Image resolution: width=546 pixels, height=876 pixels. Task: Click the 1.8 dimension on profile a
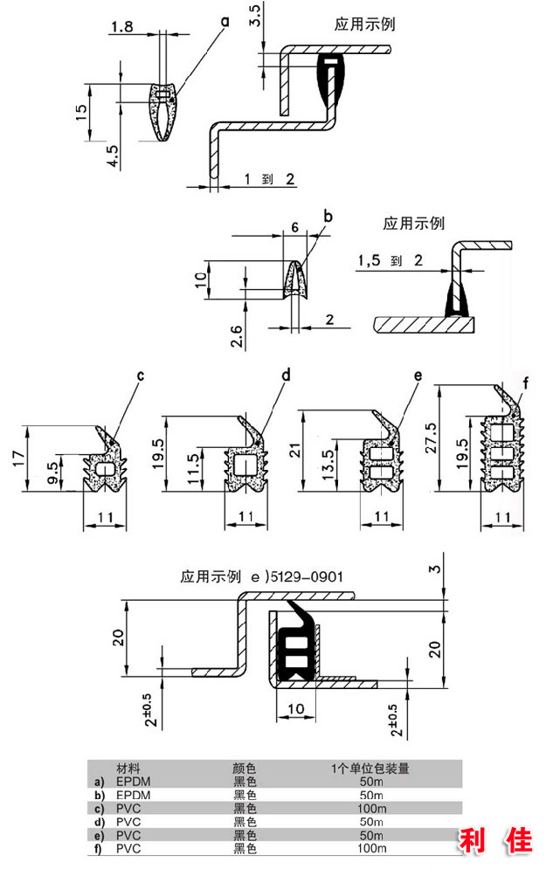tap(121, 26)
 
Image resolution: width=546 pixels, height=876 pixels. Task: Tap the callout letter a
tap(225, 22)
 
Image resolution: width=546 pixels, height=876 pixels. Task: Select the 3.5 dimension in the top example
tap(255, 15)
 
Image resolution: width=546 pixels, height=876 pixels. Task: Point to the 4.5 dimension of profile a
tap(113, 156)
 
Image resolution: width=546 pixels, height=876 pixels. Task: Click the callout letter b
tap(328, 216)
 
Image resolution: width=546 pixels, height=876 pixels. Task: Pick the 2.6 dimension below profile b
tap(237, 336)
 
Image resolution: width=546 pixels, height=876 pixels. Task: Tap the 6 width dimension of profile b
tap(294, 227)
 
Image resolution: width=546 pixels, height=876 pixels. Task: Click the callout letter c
tap(141, 376)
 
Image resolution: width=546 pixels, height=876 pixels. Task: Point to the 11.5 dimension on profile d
tap(193, 469)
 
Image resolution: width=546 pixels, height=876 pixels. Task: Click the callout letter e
tap(418, 376)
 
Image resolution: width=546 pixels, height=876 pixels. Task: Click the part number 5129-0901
tap(307, 576)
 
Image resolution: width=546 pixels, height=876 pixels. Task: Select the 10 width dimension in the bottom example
tap(295, 709)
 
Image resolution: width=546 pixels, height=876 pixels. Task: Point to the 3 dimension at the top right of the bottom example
tap(434, 569)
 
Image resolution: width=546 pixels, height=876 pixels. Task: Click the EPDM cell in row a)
tap(133, 782)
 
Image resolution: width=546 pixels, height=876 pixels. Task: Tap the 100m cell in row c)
tap(371, 809)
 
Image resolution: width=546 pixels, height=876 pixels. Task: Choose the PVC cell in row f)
tap(128, 849)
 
